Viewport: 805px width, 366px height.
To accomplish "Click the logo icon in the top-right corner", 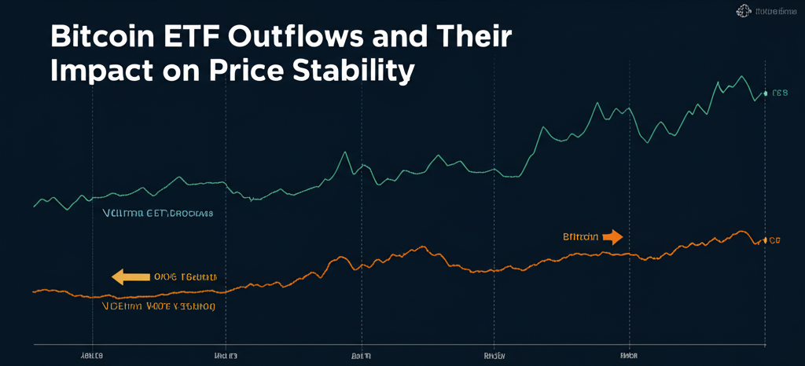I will (743, 11).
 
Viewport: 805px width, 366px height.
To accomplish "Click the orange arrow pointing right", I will (613, 236).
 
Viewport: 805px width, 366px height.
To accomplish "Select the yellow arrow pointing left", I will (130, 276).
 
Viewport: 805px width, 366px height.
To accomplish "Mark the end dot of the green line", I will (765, 93).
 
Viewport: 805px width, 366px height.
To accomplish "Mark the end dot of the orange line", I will (764, 240).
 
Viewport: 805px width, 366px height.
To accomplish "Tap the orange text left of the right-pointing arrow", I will (580, 236).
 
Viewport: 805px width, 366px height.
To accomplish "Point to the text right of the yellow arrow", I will (185, 277).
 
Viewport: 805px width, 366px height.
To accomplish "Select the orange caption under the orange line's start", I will (158, 307).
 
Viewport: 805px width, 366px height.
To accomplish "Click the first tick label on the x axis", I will (92, 355).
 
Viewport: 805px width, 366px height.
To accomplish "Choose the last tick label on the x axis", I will (628, 355).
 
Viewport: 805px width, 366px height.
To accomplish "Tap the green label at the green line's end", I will (780, 93).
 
